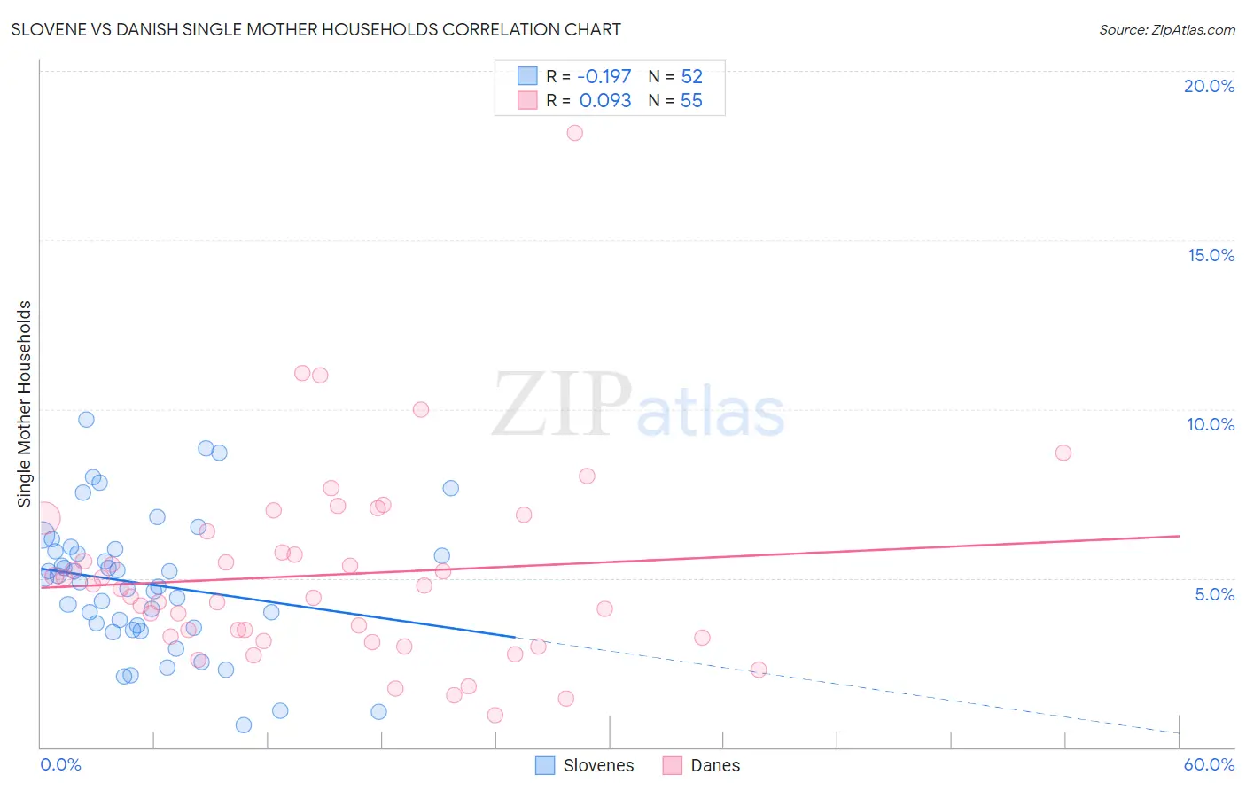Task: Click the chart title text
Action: (315, 29)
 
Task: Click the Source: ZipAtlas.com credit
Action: (1166, 29)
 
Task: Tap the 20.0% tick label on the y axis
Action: (1209, 86)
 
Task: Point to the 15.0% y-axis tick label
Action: (1211, 255)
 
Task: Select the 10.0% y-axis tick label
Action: (1210, 424)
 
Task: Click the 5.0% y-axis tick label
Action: (1214, 594)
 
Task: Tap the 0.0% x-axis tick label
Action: (60, 764)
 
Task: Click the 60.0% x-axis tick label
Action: (1209, 764)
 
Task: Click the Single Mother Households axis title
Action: (24, 403)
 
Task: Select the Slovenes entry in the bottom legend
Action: (598, 765)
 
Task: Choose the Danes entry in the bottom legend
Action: (714, 765)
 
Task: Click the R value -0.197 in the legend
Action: (604, 77)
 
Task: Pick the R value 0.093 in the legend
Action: (605, 101)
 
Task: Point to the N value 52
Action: (691, 77)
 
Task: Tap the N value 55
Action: (691, 101)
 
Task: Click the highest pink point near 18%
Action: (574, 133)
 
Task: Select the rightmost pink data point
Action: (1063, 453)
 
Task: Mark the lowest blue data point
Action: (244, 725)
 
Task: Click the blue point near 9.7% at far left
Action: (86, 420)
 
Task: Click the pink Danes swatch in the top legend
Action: (527, 100)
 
